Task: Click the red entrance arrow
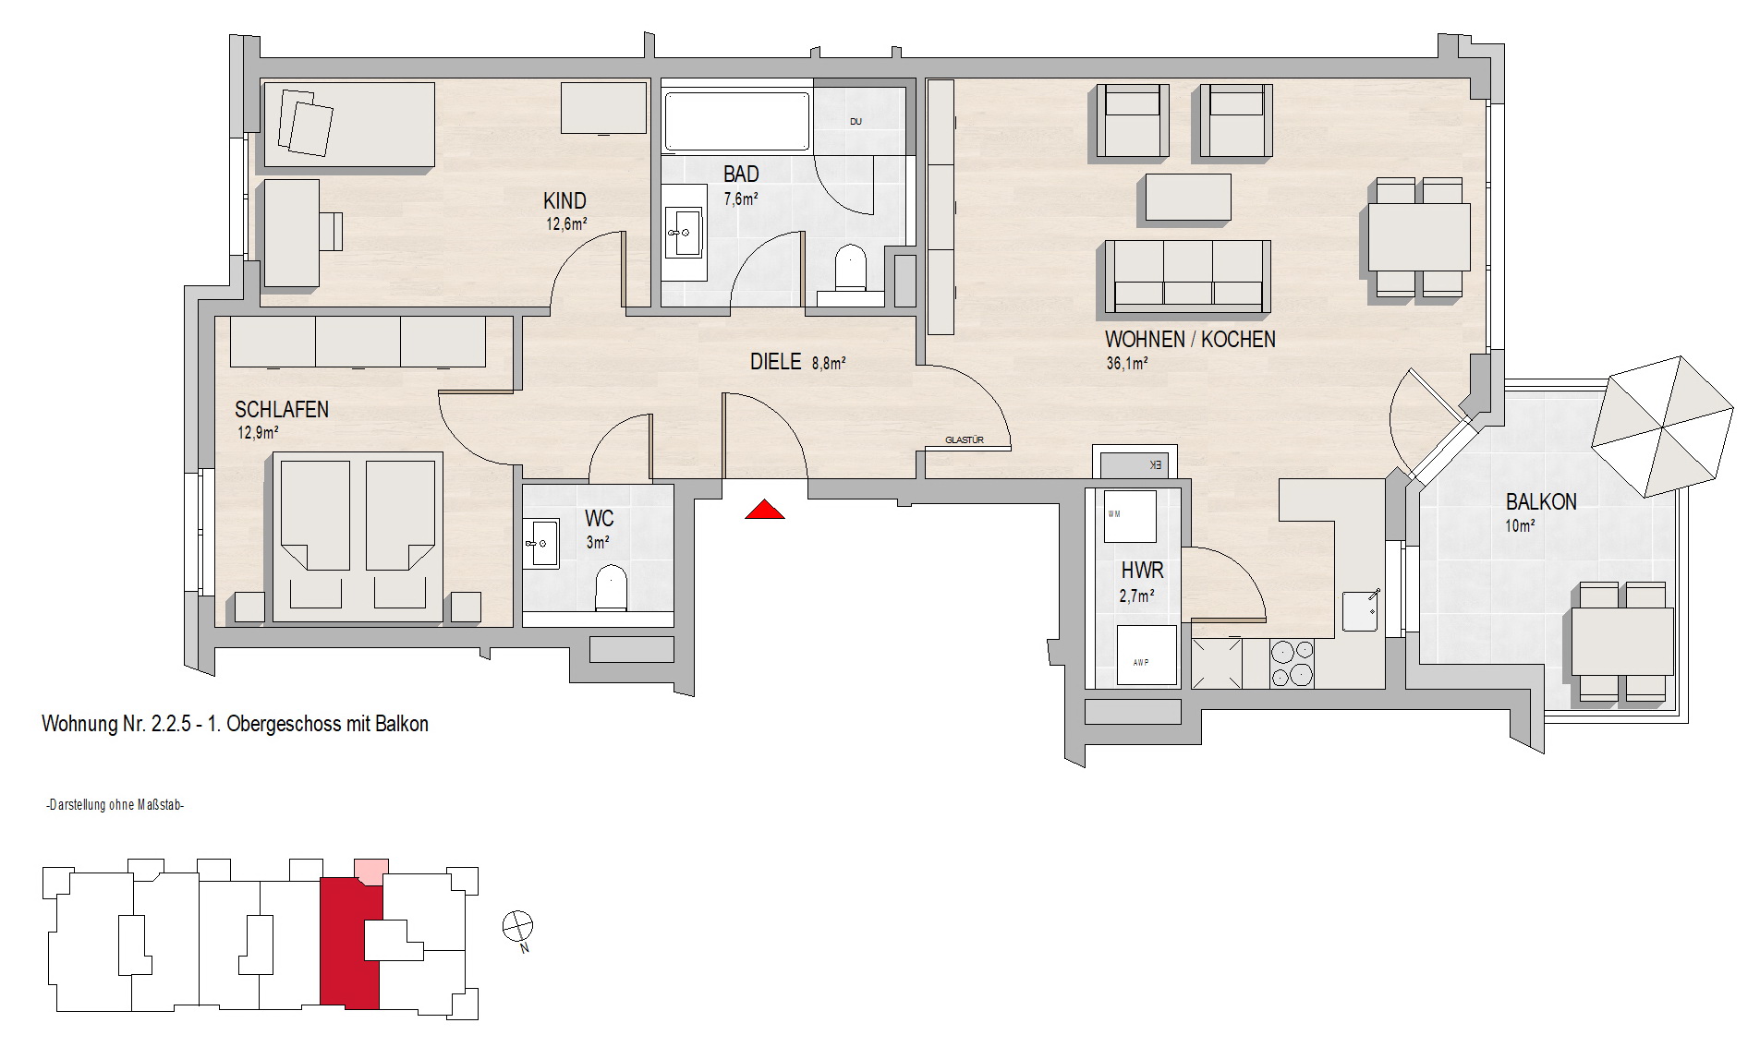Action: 765,509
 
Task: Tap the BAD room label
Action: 741,174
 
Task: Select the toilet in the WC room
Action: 611,587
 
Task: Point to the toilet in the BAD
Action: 849,270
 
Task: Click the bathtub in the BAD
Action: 737,121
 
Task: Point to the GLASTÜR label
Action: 964,440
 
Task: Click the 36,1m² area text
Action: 1126,363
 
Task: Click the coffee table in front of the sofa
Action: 1188,198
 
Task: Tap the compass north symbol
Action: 517,925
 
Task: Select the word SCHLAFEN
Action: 282,409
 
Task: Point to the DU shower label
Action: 856,121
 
